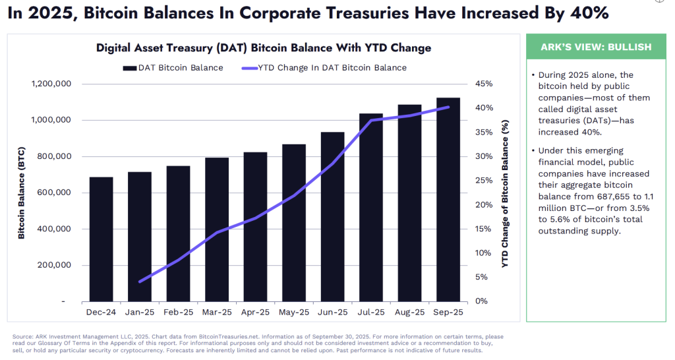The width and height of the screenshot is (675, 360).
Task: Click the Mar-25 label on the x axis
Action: [x=217, y=312]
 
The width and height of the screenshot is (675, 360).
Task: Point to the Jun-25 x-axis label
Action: [x=332, y=312]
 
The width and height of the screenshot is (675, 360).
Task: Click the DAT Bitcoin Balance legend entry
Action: [x=172, y=67]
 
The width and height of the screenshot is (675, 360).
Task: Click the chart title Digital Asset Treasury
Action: [x=264, y=47]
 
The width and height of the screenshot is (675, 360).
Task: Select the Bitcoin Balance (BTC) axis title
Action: [x=22, y=193]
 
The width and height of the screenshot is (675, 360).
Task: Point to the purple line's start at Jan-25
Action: [x=140, y=282]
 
